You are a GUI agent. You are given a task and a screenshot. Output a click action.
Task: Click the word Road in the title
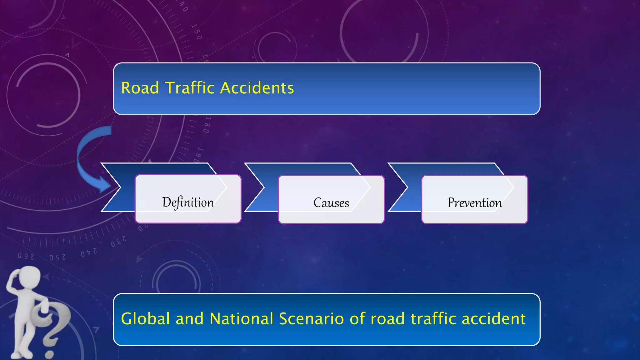point(140,88)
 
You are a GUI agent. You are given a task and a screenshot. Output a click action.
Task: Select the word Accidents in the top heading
point(257,88)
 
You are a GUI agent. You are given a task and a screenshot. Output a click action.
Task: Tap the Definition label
point(188,202)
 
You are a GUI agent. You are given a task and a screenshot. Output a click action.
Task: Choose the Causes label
point(331,203)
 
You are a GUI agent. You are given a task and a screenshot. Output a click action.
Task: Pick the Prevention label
point(474,203)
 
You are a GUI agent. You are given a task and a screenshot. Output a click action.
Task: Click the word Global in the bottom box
point(145,319)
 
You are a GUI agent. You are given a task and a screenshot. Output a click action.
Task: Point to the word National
point(242,319)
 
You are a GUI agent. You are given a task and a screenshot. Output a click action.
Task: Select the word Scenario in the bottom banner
point(311,319)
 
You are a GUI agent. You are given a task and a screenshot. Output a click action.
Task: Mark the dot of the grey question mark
point(49,355)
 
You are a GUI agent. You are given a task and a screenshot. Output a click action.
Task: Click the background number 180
point(207,125)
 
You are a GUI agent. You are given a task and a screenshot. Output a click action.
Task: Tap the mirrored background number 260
point(26,256)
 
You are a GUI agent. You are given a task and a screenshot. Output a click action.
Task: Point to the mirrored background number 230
point(118,242)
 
